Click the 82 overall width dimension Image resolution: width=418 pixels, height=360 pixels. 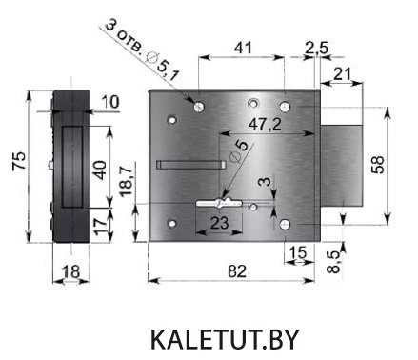[237, 271]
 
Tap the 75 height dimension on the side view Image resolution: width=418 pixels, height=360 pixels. [19, 161]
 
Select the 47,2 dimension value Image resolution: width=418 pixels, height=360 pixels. [265, 124]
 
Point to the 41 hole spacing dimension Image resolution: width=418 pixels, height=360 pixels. [243, 48]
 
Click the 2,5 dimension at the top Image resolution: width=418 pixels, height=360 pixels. [316, 49]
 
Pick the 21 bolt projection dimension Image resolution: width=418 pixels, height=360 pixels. [343, 74]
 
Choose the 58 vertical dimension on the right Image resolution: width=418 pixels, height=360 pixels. [378, 165]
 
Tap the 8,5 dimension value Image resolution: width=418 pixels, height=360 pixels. [334, 262]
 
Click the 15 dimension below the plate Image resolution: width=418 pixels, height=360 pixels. [299, 252]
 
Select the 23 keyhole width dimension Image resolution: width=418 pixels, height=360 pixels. [219, 223]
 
